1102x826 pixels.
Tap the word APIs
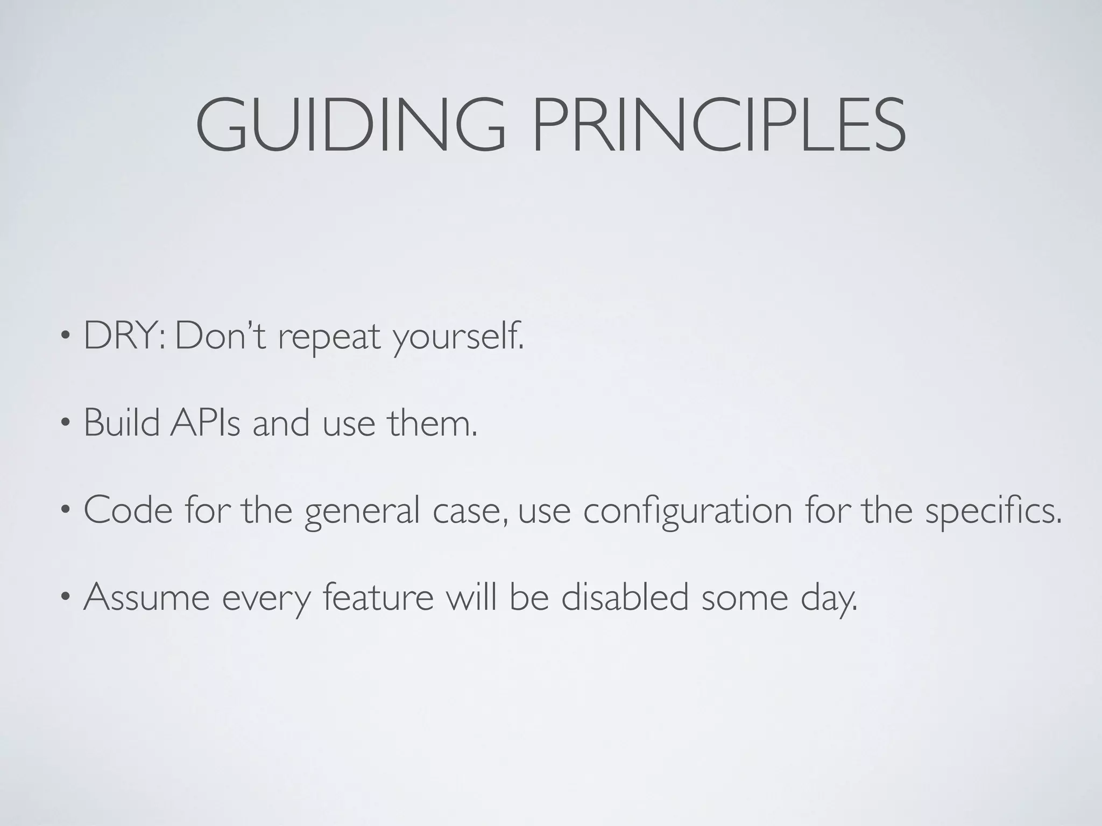(204, 423)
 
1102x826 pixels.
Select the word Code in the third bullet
(128, 510)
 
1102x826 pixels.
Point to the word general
(362, 512)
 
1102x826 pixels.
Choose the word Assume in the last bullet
(146, 597)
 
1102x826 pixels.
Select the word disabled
(625, 597)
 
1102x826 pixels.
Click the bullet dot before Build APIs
(65, 424)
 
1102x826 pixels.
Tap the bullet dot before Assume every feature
(65, 597)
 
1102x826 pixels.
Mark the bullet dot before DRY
(65, 338)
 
